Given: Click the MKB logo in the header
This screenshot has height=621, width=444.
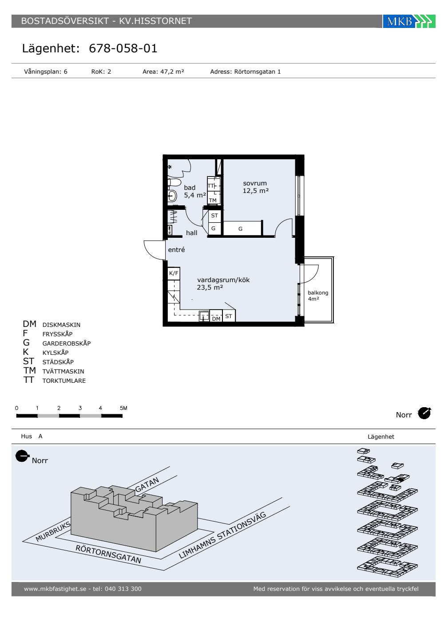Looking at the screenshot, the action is click(409, 21).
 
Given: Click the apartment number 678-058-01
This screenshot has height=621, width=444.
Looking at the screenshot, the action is click(123, 48).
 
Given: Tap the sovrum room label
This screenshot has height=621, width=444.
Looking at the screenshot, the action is click(255, 183).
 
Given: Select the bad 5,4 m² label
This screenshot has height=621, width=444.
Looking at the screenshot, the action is click(195, 191).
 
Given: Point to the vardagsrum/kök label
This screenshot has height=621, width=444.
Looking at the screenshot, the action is click(223, 280).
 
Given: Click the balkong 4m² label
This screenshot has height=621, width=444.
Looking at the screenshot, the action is click(318, 295).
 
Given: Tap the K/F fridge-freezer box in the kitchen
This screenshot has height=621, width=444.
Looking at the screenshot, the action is click(174, 274).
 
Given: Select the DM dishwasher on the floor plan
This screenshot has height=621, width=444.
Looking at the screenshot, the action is click(216, 316).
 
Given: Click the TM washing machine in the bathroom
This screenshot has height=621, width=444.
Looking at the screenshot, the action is click(214, 198).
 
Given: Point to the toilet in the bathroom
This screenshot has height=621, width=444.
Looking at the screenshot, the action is click(174, 182).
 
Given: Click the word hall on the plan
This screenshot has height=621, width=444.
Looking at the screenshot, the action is click(191, 233).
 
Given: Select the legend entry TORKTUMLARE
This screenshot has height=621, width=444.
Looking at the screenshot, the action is click(64, 381).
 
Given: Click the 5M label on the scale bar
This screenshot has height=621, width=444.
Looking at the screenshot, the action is click(123, 408).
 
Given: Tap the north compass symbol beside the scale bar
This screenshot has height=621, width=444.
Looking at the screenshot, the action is click(424, 413).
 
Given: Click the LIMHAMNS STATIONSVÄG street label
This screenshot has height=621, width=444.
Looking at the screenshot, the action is click(222, 535).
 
